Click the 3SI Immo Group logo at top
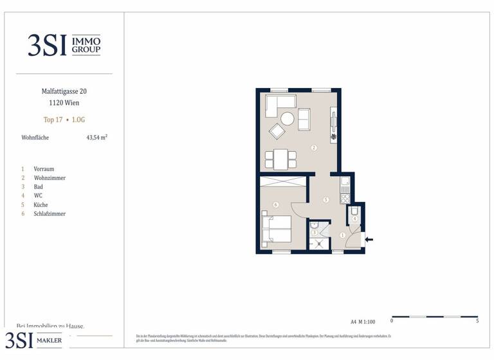coord(64,45)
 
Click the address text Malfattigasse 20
coord(64,92)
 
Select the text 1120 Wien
coord(64,103)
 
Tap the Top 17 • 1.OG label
coord(64,120)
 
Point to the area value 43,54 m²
coord(96,138)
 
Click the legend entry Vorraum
coord(44,169)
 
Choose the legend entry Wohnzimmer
coord(50,178)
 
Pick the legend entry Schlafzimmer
coord(50,214)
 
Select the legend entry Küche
coord(41,205)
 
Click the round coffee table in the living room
coord(287,119)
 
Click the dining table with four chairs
coord(280,158)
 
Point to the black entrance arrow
coord(369,240)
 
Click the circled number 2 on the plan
coord(313,148)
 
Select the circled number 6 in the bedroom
coord(275,205)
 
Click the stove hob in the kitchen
coord(345,197)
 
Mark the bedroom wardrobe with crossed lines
coord(282,181)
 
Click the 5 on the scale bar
coord(477,321)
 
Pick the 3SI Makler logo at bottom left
coord(35,340)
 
